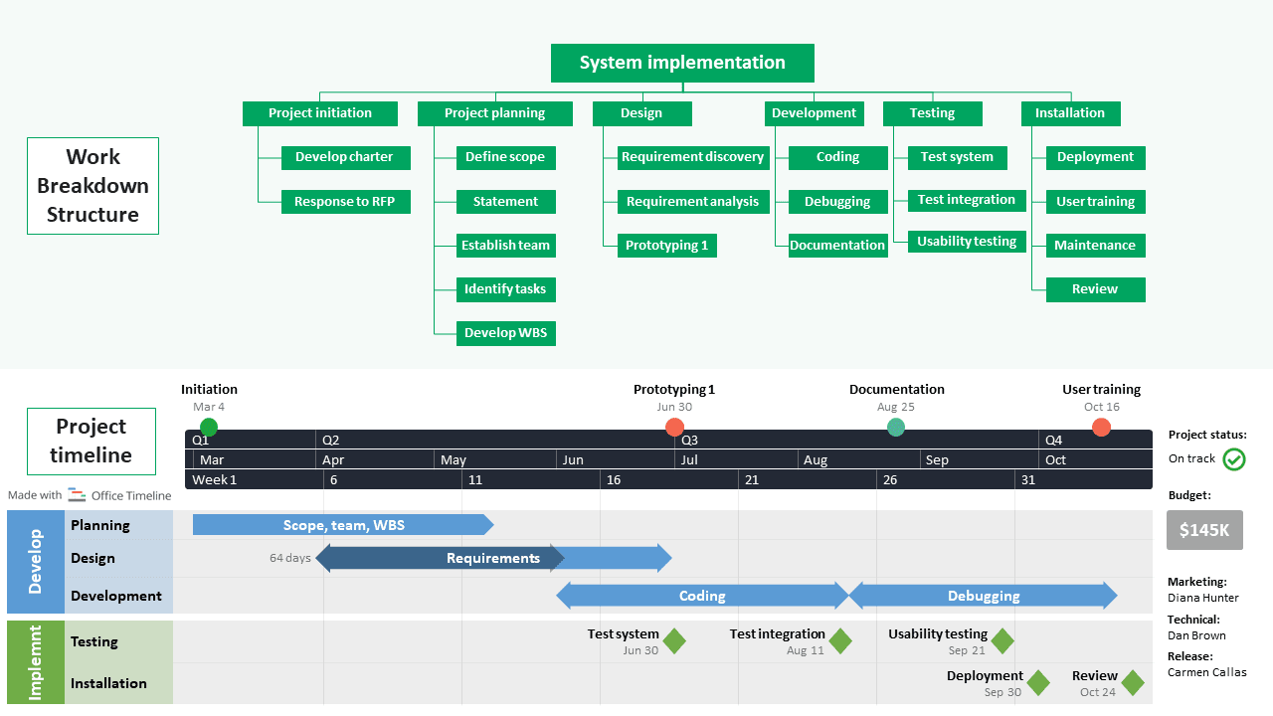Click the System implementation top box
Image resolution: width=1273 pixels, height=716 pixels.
tap(682, 63)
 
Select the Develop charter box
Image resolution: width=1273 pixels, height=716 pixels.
tap(344, 157)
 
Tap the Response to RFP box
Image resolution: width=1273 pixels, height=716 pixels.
tap(344, 202)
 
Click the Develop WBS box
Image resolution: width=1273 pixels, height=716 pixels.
tap(505, 333)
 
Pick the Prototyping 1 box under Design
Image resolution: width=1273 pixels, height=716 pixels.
tap(666, 246)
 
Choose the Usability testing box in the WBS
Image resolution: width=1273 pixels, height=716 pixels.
tap(966, 242)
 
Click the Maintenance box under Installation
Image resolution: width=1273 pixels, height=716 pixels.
tap(1095, 246)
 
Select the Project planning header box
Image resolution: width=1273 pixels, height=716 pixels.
tap(494, 113)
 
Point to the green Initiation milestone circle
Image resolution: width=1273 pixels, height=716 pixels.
tap(209, 428)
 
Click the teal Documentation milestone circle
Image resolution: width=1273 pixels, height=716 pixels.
tap(896, 428)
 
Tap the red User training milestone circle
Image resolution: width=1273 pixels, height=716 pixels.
tap(1101, 428)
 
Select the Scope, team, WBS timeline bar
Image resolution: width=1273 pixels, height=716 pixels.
tap(343, 525)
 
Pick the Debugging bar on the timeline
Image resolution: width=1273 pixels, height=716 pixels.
tap(983, 596)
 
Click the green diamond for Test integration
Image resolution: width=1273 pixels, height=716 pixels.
tap(840, 641)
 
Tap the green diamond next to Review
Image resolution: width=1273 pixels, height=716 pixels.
tap(1133, 683)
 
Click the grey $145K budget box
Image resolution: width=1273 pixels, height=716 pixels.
tap(1204, 530)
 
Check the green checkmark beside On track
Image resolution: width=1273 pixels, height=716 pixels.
tap(1234, 459)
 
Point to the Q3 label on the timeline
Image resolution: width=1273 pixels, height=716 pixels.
tap(689, 440)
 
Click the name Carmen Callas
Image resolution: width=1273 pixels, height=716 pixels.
tap(1206, 672)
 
